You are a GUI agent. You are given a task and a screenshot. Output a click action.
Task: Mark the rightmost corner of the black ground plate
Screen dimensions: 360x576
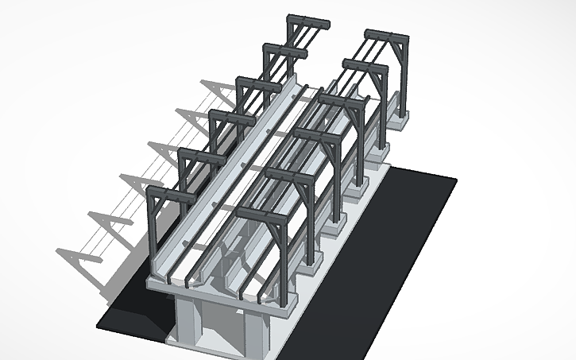457,180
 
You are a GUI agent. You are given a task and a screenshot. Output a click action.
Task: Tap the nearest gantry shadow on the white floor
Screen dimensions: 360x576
87,250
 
